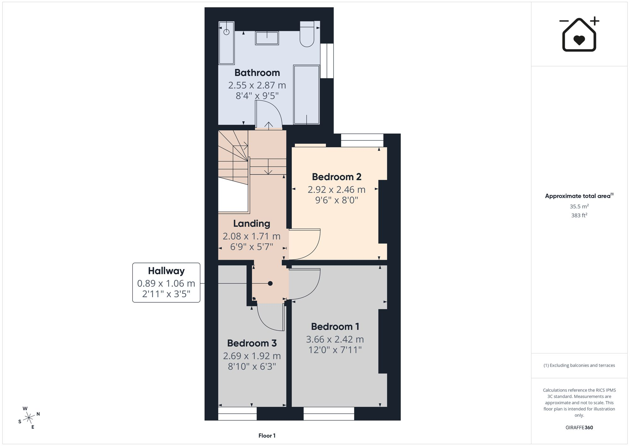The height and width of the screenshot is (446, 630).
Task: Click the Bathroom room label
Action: click(x=257, y=73)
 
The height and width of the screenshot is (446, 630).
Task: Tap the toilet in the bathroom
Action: click(x=307, y=34)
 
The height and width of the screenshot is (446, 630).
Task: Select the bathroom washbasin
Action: click(x=267, y=38)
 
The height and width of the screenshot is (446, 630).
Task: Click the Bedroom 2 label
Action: click(x=336, y=177)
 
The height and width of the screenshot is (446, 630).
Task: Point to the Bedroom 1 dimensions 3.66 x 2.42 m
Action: click(x=335, y=339)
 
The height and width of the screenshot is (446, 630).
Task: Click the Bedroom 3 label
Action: click(x=252, y=343)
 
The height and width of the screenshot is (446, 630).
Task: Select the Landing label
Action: click(x=252, y=224)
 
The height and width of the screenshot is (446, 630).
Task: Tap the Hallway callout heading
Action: click(x=166, y=271)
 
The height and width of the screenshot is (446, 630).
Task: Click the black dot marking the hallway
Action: click(x=270, y=283)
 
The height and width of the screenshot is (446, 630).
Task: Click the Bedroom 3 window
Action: click(x=237, y=414)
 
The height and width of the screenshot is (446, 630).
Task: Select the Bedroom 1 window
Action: click(x=329, y=414)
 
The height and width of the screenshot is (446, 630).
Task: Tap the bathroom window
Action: click(x=327, y=61)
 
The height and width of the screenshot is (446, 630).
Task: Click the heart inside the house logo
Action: click(x=579, y=40)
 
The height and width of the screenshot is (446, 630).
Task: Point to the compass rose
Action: click(x=29, y=418)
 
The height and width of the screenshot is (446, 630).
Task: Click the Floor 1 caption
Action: click(x=267, y=436)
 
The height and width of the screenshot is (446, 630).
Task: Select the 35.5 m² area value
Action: click(x=579, y=206)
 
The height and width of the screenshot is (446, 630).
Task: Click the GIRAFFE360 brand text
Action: click(x=579, y=428)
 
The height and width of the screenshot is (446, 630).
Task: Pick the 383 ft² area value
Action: click(x=579, y=216)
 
